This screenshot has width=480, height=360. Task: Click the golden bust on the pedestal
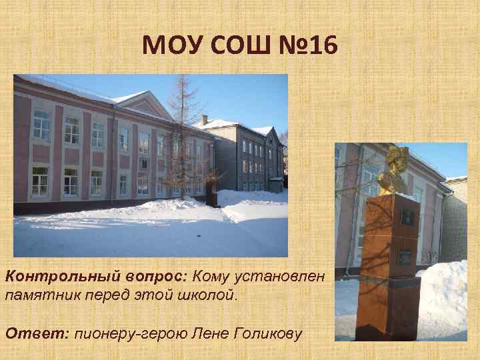pos(393,173)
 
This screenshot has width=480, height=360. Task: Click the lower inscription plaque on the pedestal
pos(405,256)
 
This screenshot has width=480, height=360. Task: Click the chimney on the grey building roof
pos(204,119)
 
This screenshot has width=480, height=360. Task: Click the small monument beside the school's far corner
pos(211,197)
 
